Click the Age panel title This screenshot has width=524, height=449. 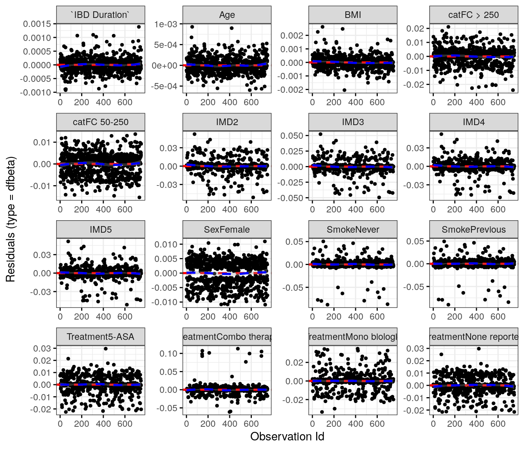(x=227, y=15)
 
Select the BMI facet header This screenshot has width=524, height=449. (x=353, y=15)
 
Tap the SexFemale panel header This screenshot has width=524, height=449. (x=227, y=230)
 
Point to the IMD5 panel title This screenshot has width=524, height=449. (x=101, y=230)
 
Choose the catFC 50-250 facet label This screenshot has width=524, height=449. (x=101, y=122)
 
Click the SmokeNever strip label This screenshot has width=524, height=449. (x=353, y=230)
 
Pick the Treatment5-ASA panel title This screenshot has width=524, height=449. (x=101, y=337)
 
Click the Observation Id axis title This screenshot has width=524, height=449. (x=287, y=437)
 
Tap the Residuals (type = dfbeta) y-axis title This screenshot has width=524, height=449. (x=11, y=219)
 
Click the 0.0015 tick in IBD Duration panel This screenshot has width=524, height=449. (x=37, y=24)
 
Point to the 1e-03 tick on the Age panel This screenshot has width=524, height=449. (x=165, y=24)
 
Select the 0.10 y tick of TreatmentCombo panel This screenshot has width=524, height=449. (x=168, y=354)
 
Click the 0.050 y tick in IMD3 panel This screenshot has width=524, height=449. (x=292, y=136)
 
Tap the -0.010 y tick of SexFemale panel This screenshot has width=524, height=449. (x=166, y=302)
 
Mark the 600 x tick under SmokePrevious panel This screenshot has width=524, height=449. (x=498, y=316)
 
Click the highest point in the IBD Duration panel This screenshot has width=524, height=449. (x=139, y=27)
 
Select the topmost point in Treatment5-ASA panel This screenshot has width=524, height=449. (x=106, y=349)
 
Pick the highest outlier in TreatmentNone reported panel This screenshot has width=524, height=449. (x=479, y=348)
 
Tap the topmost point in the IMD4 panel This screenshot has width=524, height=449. (x=441, y=134)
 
